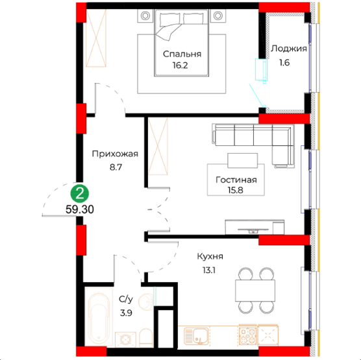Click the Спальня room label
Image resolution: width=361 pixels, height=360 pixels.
pyautogui.click(x=182, y=54)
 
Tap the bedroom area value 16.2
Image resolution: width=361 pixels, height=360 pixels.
pyautogui.click(x=180, y=66)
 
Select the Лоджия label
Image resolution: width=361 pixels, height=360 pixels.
pyautogui.click(x=289, y=49)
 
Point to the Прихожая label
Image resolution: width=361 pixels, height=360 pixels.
pyautogui.click(x=115, y=154)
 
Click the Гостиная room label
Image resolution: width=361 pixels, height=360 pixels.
pyautogui.click(x=236, y=180)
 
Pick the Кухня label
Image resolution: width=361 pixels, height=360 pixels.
pyautogui.click(x=210, y=256)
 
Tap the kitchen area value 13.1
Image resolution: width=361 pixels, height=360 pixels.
pyautogui.click(x=209, y=270)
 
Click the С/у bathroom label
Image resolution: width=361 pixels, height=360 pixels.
pyautogui.click(x=126, y=299)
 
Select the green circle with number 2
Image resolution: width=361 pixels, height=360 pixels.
pyautogui.click(x=80, y=194)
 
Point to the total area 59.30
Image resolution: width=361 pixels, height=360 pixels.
pyautogui.click(x=80, y=210)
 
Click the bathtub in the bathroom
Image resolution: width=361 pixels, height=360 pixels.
pyautogui.click(x=99, y=319)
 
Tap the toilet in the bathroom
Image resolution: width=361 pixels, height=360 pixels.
pyautogui.click(x=145, y=337)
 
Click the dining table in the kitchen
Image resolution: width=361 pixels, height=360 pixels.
pyautogui.click(x=255, y=291)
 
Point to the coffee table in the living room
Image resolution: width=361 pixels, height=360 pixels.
pyautogui.click(x=243, y=161)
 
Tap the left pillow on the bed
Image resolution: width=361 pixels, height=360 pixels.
pyautogui.click(x=170, y=19)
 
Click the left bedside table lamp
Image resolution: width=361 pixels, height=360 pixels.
pyautogui.click(x=145, y=16)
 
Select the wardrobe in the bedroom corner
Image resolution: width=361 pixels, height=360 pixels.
pyautogui.click(x=96, y=38)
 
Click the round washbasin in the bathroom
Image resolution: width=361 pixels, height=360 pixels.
pyautogui.click(x=145, y=301)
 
